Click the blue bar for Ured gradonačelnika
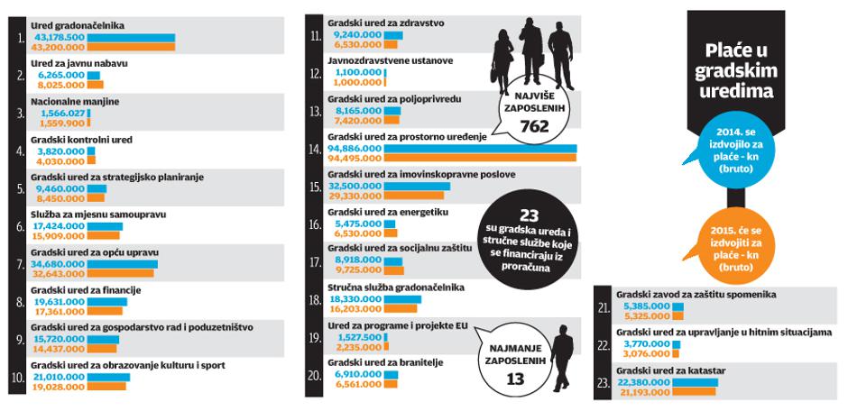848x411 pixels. (131, 38)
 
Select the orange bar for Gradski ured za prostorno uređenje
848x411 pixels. (480, 158)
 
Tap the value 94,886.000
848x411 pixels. (355, 149)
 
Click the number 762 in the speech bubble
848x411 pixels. (534, 127)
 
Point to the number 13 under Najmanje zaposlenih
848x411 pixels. (515, 379)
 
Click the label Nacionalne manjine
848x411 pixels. (75, 102)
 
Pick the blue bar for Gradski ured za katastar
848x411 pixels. (695, 382)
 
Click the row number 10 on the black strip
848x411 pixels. (17, 378)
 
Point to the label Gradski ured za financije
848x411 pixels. (86, 290)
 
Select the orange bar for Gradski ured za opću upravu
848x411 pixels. (121, 273)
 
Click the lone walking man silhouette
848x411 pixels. (562, 357)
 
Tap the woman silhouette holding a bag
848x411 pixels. (502, 60)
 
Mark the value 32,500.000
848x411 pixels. (355, 187)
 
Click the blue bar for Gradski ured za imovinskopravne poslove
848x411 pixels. (417, 187)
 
